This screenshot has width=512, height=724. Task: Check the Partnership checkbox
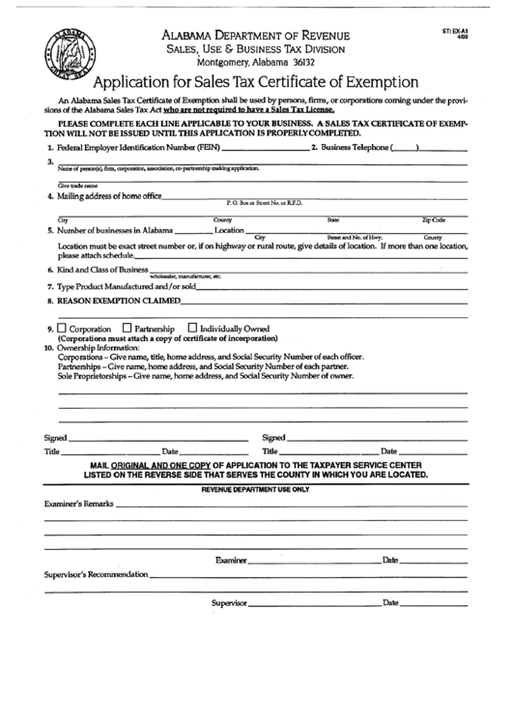coord(127,327)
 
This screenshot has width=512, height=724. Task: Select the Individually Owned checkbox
coord(191,327)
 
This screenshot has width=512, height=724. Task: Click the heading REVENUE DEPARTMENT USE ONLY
coord(255,490)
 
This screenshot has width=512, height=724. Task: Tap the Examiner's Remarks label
coord(79,505)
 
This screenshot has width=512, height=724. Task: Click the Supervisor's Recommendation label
coord(97,574)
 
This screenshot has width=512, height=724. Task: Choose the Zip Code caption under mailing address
coord(434,220)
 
